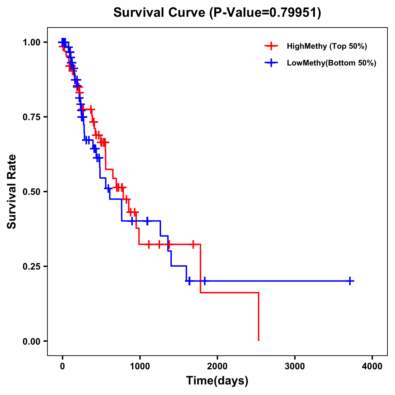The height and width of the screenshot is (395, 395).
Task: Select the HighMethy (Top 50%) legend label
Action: tap(327, 46)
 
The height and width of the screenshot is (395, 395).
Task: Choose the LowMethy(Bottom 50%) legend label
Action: tap(331, 63)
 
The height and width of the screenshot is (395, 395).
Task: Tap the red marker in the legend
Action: tap(271, 46)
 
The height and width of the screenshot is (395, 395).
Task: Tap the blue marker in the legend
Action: tap(271, 63)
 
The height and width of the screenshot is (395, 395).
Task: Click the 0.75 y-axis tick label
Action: tap(31, 117)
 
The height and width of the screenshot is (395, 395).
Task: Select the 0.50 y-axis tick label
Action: tap(31, 192)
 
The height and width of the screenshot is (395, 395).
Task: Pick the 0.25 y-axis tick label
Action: tap(31, 266)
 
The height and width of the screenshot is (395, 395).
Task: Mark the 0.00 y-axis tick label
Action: tap(31, 341)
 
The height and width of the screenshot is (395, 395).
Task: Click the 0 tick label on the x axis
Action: tap(62, 366)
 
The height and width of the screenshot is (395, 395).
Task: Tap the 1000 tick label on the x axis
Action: tap(140, 366)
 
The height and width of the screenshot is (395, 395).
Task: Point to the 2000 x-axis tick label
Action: tap(217, 366)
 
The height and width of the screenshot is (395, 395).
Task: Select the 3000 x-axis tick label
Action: tap(295, 366)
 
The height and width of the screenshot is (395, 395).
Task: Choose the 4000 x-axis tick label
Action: tap(372, 366)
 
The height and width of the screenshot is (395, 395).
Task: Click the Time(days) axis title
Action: tap(217, 381)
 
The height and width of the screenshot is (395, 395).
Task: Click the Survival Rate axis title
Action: tap(12, 192)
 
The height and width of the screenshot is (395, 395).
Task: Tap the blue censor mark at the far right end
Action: tap(350, 281)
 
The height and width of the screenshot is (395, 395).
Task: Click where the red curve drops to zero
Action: tap(259, 340)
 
